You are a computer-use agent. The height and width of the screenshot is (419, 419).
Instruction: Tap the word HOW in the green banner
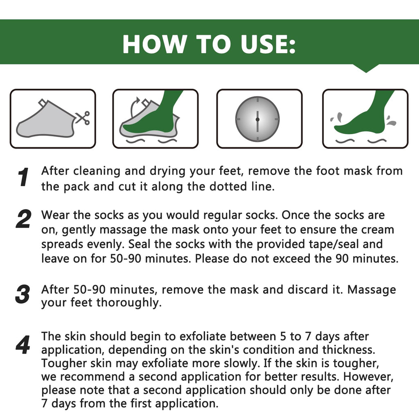tap(155, 44)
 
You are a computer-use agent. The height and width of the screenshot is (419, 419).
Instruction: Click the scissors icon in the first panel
tap(83, 117)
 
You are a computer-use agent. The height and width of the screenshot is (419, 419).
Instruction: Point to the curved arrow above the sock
tap(134, 107)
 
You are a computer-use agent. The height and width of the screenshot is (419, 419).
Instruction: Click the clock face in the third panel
tap(257, 119)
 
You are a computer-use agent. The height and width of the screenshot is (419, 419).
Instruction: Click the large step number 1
tap(23, 177)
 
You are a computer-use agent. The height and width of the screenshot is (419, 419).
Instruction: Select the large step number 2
tap(23, 219)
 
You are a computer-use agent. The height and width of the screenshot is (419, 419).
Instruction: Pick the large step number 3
tap(23, 294)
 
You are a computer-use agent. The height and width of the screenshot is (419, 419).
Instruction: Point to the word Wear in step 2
tap(55, 215)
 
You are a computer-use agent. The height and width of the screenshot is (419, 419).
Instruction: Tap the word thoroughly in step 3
tap(129, 303)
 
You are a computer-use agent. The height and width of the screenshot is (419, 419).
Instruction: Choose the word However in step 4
tap(368, 376)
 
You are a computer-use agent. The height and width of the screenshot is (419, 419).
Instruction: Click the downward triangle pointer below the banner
tap(366, 68)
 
